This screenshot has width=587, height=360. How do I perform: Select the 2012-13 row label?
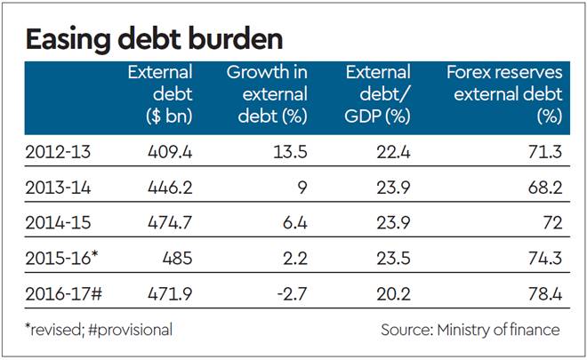59,152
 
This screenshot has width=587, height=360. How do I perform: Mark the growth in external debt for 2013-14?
301,187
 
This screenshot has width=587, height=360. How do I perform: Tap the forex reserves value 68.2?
544,187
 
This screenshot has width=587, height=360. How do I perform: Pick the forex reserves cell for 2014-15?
551,221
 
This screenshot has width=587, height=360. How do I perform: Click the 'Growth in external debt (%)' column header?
267,93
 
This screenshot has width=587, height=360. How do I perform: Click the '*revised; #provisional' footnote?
99,330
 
